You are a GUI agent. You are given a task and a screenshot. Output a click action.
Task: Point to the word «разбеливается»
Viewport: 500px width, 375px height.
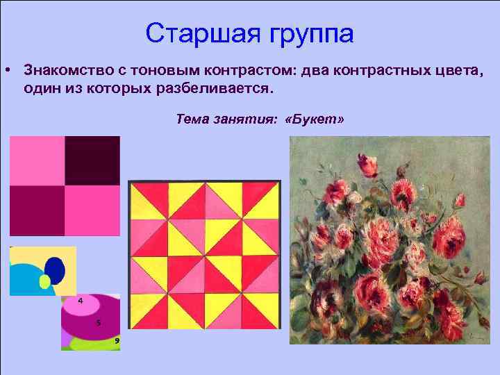click(x=224, y=90)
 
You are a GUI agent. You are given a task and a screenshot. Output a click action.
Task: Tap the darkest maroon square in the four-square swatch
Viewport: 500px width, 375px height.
click(x=92, y=160)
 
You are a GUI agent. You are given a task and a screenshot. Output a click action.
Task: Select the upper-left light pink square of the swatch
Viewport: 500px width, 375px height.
click(x=37, y=160)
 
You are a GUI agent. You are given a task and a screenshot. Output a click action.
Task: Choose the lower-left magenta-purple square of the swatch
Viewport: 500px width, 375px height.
click(x=37, y=210)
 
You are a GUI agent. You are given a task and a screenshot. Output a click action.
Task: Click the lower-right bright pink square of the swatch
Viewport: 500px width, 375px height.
click(x=92, y=210)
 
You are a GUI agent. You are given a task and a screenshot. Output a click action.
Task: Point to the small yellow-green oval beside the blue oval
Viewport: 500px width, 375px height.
click(x=45, y=281)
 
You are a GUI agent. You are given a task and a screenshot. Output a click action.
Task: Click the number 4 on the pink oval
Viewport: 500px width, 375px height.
click(x=81, y=301)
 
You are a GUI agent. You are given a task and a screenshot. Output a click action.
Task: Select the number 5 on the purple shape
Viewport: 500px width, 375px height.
click(x=99, y=322)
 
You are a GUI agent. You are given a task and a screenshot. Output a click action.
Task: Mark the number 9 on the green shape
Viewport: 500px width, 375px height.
click(x=117, y=340)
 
